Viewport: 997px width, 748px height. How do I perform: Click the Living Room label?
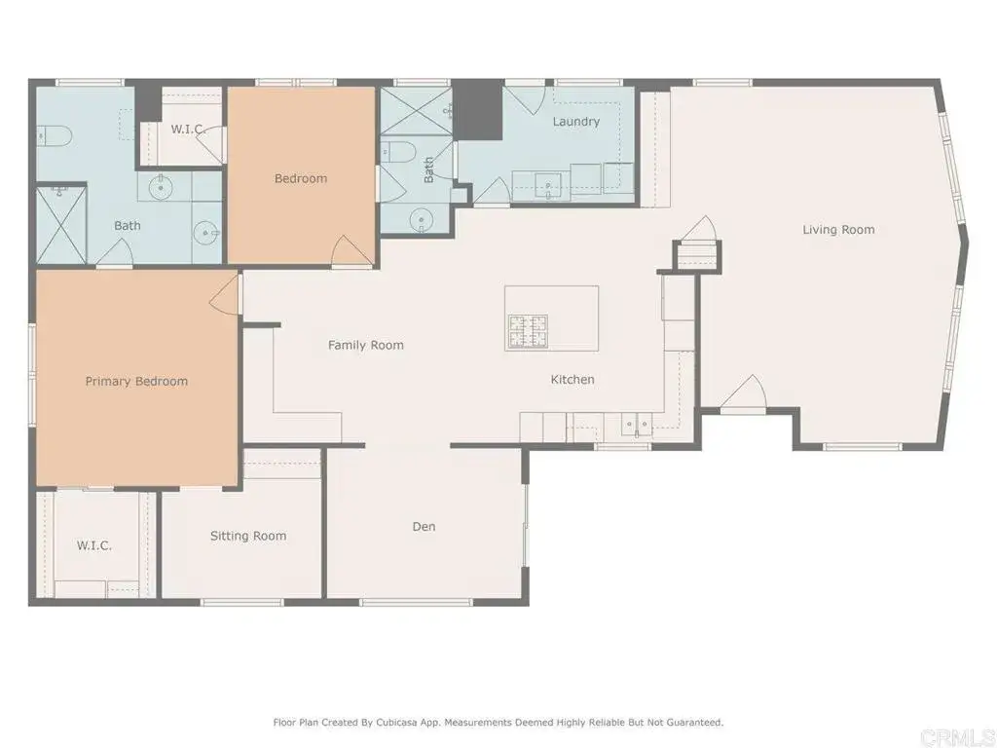coord(838,230)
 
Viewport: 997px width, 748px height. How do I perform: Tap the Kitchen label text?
coord(572,380)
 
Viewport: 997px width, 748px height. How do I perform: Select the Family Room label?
coord(365,345)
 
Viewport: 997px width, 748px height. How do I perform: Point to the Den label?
coord(424,527)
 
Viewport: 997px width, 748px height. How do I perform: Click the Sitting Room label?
coord(248,536)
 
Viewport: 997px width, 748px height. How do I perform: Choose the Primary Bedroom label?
coord(136,381)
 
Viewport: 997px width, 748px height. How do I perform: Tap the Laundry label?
coord(575,122)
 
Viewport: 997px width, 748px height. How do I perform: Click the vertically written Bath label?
coord(428,172)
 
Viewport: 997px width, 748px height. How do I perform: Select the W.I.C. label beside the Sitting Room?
coord(94,545)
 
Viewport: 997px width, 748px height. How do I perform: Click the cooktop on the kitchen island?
coord(527,332)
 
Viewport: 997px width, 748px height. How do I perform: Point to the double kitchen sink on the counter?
coord(638,424)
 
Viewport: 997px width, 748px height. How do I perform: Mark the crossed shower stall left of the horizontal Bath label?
coord(61,224)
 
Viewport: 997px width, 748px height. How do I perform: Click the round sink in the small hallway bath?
coord(421,220)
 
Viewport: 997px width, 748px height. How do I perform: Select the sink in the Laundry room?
coord(548,182)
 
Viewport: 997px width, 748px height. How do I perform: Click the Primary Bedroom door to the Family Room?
coord(226,293)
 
